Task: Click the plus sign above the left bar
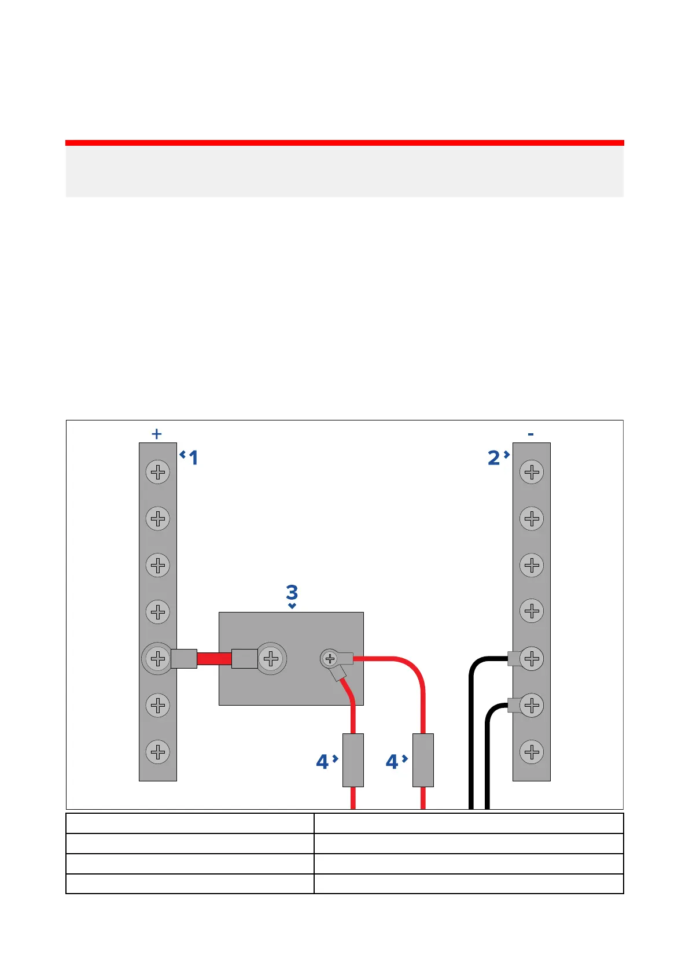click(x=156, y=434)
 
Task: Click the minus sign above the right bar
click(x=530, y=434)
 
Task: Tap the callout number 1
click(x=193, y=458)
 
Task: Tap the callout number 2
click(x=493, y=458)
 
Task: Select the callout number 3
click(x=292, y=592)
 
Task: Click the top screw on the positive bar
click(x=157, y=473)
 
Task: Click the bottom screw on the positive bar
click(x=157, y=752)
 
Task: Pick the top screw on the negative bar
click(x=532, y=473)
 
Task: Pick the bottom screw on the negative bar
click(x=532, y=752)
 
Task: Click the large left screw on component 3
click(x=271, y=658)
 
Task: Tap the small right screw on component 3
click(x=330, y=658)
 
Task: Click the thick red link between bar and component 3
click(x=214, y=658)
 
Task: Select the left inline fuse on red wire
click(x=353, y=760)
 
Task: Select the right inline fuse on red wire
click(x=423, y=760)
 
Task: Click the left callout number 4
click(x=322, y=762)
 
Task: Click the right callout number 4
click(x=392, y=762)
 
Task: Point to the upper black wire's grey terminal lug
click(x=514, y=658)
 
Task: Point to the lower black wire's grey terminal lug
click(x=514, y=705)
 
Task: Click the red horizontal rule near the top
click(x=344, y=142)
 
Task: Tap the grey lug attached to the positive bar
click(x=184, y=658)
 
